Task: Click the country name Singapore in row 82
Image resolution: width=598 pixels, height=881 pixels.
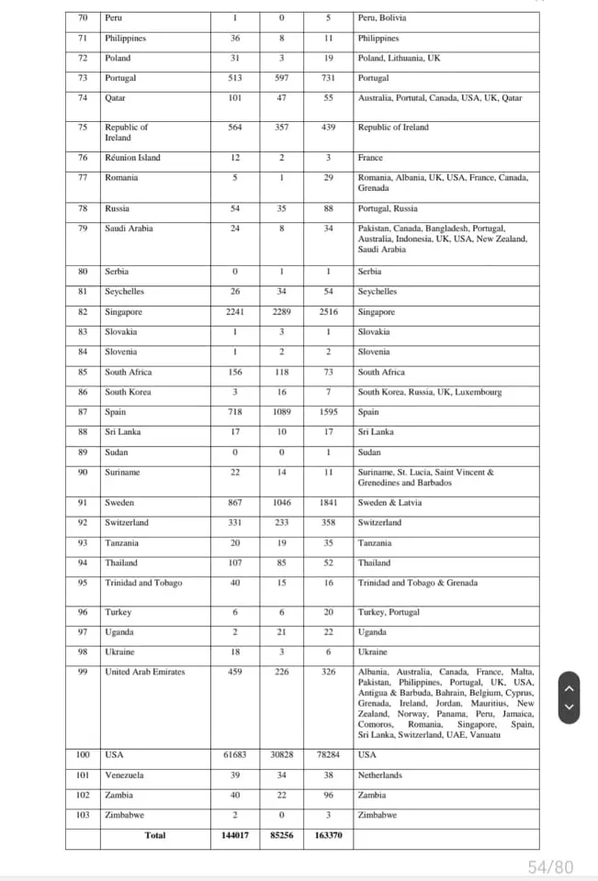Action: [123, 312]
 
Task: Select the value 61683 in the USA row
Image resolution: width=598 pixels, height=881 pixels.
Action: [235, 755]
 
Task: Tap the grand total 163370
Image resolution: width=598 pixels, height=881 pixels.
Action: [328, 836]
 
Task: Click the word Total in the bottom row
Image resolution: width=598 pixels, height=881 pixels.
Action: [154, 836]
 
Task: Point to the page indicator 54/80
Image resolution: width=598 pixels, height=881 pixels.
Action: [550, 866]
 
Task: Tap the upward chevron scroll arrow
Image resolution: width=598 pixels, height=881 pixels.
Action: [570, 688]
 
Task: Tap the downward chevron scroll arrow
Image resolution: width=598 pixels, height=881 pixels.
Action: [570, 707]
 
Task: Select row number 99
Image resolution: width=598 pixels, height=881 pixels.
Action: [84, 672]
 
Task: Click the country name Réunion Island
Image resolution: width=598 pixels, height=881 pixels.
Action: [132, 158]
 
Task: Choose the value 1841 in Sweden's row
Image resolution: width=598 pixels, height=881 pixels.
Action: [328, 503]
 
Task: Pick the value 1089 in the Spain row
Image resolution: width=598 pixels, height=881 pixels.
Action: [281, 412]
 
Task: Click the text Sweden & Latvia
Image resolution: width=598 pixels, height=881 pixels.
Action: [389, 503]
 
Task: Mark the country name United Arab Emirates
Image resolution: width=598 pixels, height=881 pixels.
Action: [144, 672]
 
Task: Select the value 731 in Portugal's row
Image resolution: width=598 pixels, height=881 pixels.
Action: [328, 78]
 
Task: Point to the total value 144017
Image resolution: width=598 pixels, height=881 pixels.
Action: [235, 836]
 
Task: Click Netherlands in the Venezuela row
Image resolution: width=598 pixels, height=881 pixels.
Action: [379, 775]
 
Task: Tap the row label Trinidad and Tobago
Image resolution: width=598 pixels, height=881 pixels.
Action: [143, 583]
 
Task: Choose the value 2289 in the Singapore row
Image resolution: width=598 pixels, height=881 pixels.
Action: [281, 312]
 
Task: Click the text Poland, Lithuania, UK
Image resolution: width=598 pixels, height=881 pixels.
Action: [399, 58]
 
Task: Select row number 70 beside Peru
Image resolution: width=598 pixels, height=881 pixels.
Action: [84, 17]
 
